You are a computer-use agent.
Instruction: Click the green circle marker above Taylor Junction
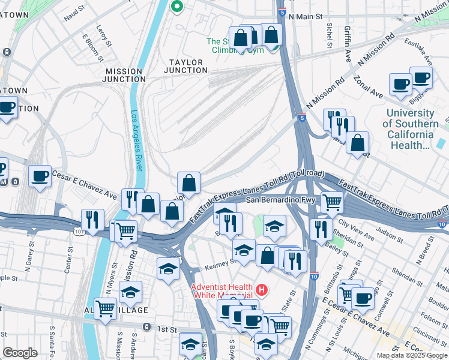(x=176, y=7)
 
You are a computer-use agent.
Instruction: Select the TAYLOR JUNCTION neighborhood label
(x=185, y=66)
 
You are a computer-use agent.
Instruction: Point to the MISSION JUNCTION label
(x=124, y=75)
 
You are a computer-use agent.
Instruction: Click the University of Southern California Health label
(x=411, y=129)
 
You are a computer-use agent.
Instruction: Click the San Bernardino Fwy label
(x=280, y=200)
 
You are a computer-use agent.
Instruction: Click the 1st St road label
(x=166, y=329)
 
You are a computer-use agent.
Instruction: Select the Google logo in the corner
(x=20, y=353)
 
